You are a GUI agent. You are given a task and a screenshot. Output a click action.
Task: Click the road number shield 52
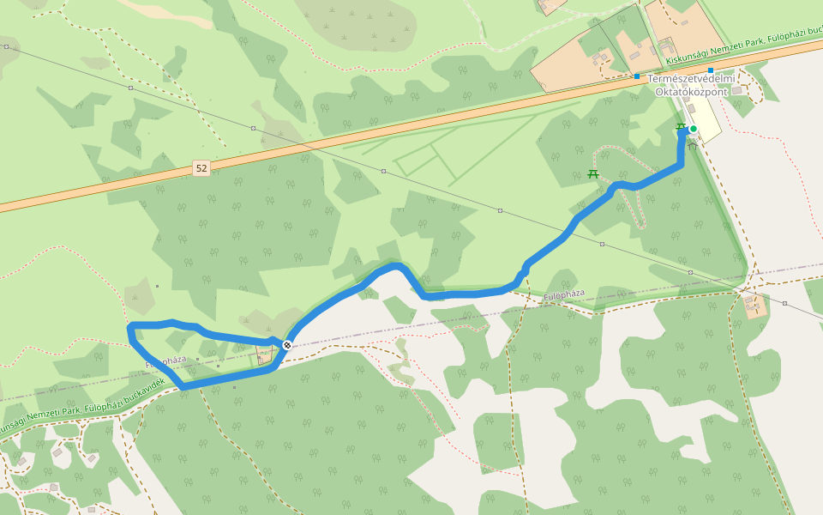coord(201,168)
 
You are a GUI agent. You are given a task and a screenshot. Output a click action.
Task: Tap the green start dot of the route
coord(694,130)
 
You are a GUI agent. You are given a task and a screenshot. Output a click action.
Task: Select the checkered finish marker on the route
coord(286,345)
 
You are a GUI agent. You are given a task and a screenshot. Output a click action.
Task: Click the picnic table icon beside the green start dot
coord(681,127)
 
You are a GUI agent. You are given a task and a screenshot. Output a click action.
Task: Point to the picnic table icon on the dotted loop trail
coord(592,174)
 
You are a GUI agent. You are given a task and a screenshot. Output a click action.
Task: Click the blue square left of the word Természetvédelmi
coord(637,76)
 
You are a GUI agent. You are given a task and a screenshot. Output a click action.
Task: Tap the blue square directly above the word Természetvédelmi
coord(711,70)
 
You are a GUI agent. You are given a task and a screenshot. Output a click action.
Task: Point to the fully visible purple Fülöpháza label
coord(564,294)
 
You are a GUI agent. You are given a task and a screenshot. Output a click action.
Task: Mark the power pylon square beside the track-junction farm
coord(784,303)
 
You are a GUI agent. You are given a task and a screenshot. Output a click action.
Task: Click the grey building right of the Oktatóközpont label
coord(737,90)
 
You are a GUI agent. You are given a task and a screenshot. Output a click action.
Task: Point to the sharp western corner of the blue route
coord(129,327)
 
